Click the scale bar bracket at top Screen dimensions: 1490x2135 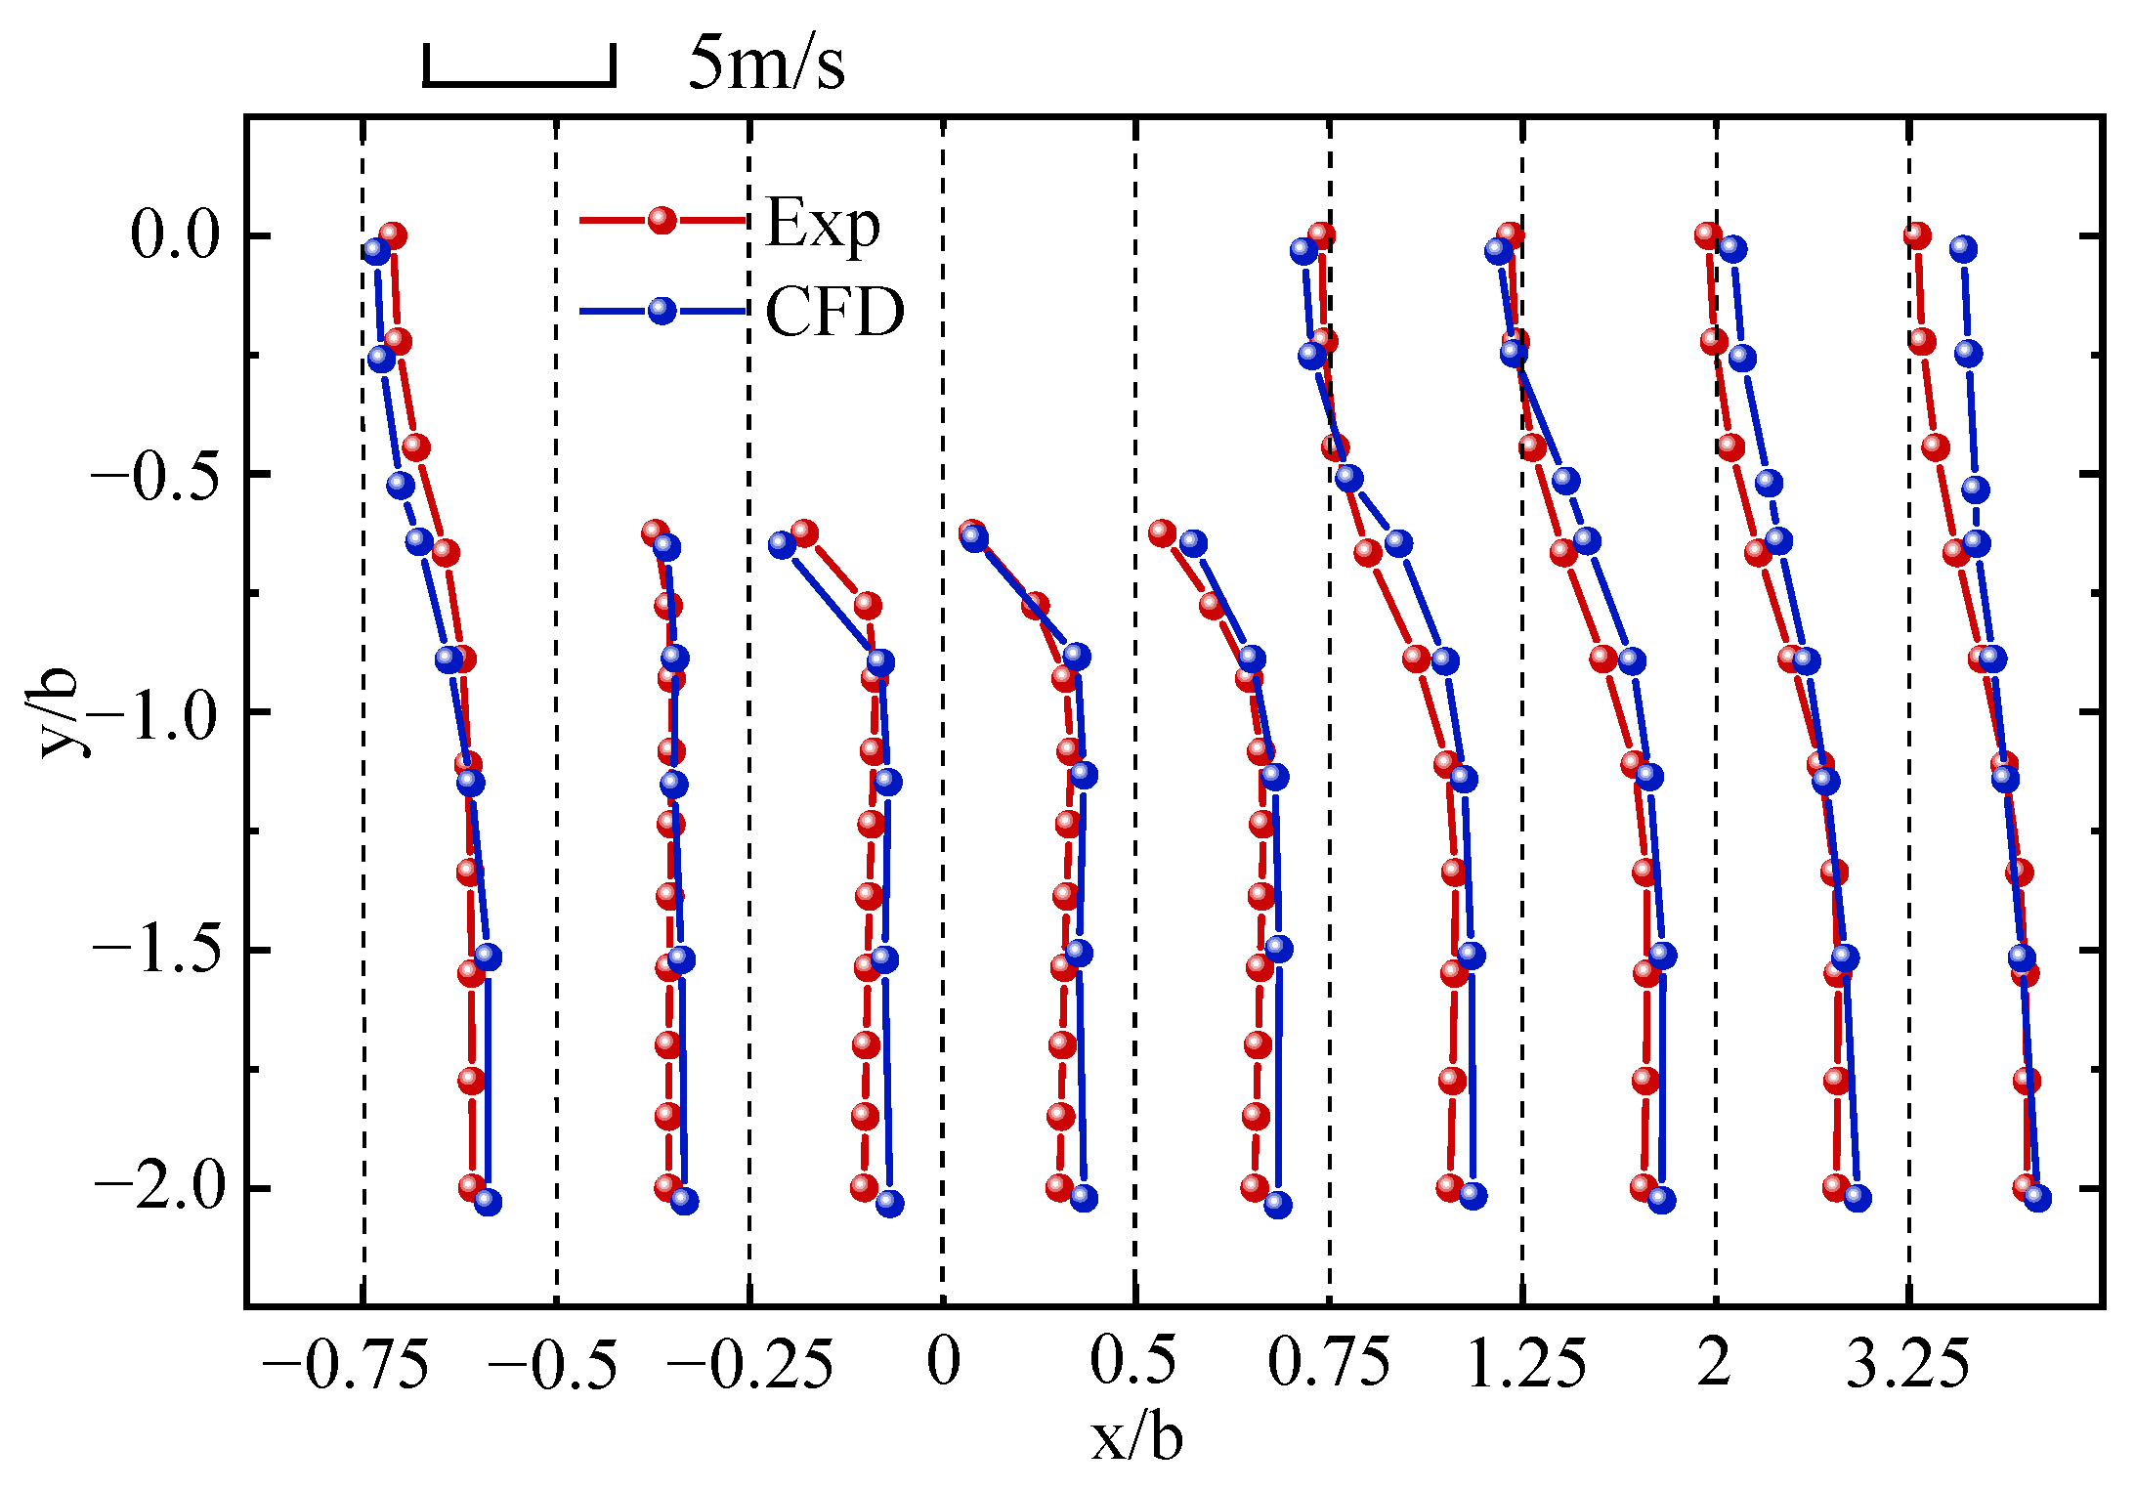(x=519, y=82)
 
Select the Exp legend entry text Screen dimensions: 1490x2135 (x=823, y=224)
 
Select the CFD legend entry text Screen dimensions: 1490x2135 (x=834, y=313)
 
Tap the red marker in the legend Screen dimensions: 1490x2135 (x=662, y=221)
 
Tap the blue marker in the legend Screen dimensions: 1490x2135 (x=662, y=311)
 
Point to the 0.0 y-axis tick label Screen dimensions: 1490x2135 (x=176, y=235)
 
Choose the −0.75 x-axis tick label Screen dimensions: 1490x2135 (x=346, y=1364)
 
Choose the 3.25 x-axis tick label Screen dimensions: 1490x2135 (x=1907, y=1364)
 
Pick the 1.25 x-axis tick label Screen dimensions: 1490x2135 (x=1526, y=1364)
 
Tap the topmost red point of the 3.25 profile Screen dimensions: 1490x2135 (x=1916, y=235)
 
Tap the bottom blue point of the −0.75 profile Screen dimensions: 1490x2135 (x=488, y=1202)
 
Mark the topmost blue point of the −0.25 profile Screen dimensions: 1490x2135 (x=782, y=545)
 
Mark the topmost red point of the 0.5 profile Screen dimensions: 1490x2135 (x=1162, y=532)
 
